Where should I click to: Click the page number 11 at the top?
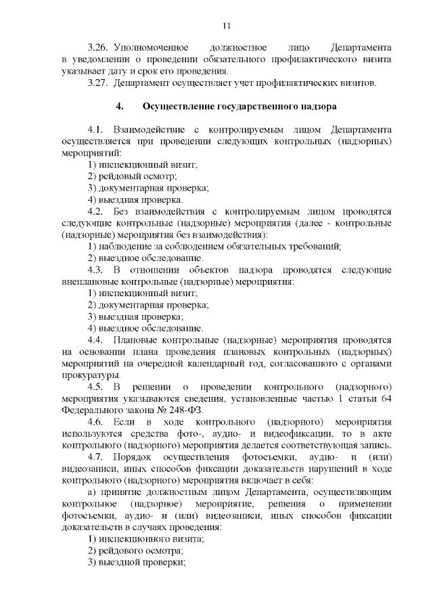tap(226, 26)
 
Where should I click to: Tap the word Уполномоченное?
tap(146, 49)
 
